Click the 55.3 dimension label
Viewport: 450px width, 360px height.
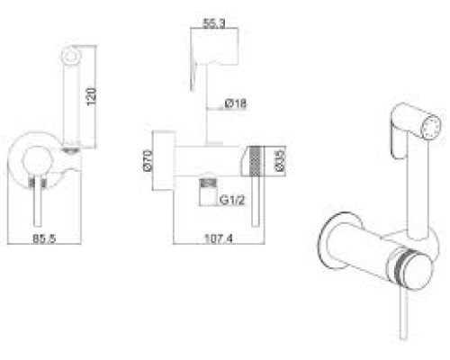coord(214,23)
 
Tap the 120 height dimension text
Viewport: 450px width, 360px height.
coord(91,96)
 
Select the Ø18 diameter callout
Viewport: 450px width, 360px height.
coord(236,103)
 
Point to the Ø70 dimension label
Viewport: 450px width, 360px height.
coord(148,160)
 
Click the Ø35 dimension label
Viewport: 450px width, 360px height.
coord(280,160)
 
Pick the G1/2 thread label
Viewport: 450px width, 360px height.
coord(232,200)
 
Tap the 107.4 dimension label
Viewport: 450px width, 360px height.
coord(219,238)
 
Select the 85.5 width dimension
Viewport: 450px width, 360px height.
coord(44,238)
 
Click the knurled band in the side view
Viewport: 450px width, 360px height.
coord(256,161)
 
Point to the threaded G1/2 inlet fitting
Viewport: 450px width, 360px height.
coord(208,192)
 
